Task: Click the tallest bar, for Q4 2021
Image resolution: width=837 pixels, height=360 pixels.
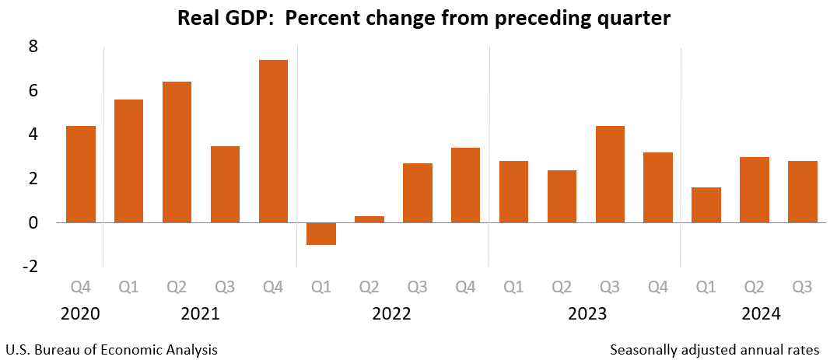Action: (x=273, y=141)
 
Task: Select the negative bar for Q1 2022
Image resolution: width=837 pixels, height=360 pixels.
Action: (x=321, y=233)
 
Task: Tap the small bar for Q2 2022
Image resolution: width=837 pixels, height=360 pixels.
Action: (x=369, y=218)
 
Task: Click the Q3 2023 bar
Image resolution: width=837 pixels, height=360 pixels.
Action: (x=610, y=174)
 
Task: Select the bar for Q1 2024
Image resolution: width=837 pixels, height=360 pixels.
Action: (x=706, y=204)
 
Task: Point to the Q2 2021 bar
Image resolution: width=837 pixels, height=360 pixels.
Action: (x=177, y=152)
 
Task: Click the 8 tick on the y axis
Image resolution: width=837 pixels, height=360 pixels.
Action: (x=33, y=47)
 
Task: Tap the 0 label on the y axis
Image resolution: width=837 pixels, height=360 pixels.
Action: (x=33, y=223)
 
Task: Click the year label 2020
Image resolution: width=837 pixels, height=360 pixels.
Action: (x=81, y=315)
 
